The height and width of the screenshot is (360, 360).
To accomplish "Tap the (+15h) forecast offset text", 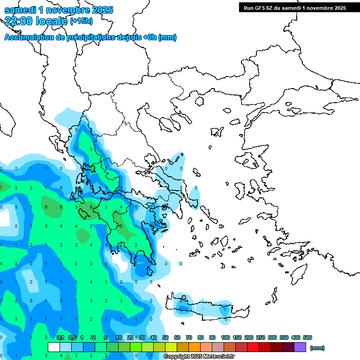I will coord(81,21).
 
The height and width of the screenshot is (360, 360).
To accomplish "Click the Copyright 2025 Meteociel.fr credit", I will coord(200,357).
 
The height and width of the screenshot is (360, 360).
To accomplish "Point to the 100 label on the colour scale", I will coord(225,337).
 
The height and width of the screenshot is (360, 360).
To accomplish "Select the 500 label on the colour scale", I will coord(307,337).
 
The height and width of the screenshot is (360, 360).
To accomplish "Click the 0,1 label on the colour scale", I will coord(60,337).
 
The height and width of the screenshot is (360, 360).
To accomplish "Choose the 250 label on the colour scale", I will coord(261,337).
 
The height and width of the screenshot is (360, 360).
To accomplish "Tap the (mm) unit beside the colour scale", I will coord(317,348).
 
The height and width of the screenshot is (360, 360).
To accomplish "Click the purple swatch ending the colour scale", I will coord(300,347).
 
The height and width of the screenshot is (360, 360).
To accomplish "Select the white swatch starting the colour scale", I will coord(54,347).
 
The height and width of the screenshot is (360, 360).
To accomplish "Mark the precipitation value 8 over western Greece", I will coord(91,207).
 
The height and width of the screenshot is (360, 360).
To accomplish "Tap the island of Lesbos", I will coord(248,160).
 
